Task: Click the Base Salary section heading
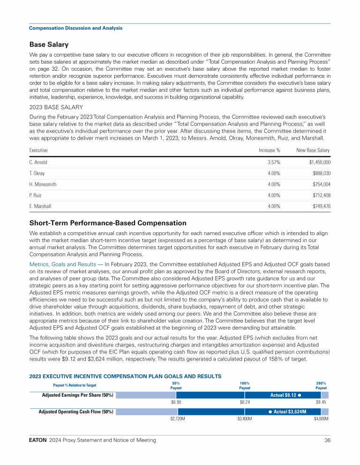[x=49, y=44]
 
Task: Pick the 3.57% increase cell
[x=274, y=162]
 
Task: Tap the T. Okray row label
[x=37, y=174]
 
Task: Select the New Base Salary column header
[x=313, y=150]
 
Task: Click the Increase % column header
[x=270, y=150]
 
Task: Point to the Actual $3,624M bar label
[x=287, y=412]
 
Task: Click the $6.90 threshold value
[x=176, y=402]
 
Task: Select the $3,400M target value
[x=245, y=418]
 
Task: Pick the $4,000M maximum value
[x=321, y=418]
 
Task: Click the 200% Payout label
[x=321, y=385]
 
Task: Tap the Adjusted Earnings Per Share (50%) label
[x=78, y=395]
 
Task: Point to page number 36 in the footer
[x=327, y=440]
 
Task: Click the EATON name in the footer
[x=37, y=440]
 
